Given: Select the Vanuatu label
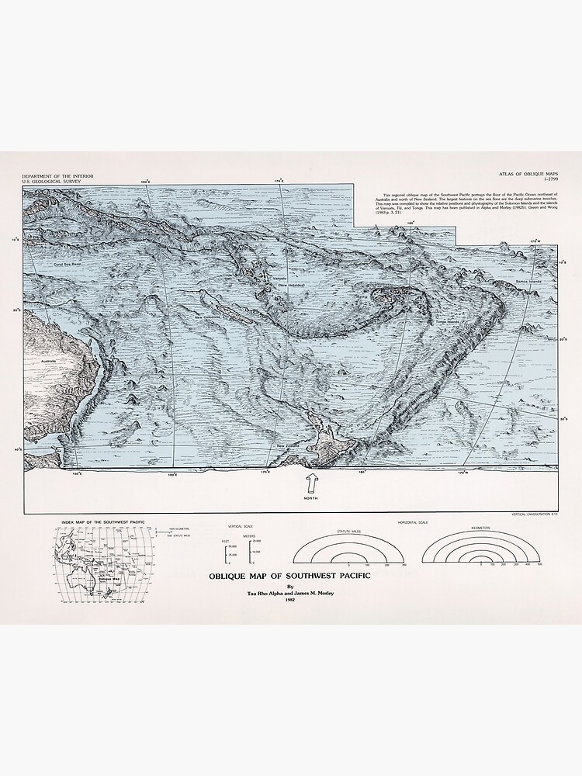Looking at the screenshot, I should pos(280,278).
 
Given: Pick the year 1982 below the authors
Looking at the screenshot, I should pos(290,600).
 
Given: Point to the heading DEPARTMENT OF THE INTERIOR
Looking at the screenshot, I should pos(58,177).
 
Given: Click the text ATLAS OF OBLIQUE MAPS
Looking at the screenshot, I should pos(532,177).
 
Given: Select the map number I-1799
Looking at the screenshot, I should pos(549,183).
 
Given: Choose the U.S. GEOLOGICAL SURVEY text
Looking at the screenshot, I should pos(52,183).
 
